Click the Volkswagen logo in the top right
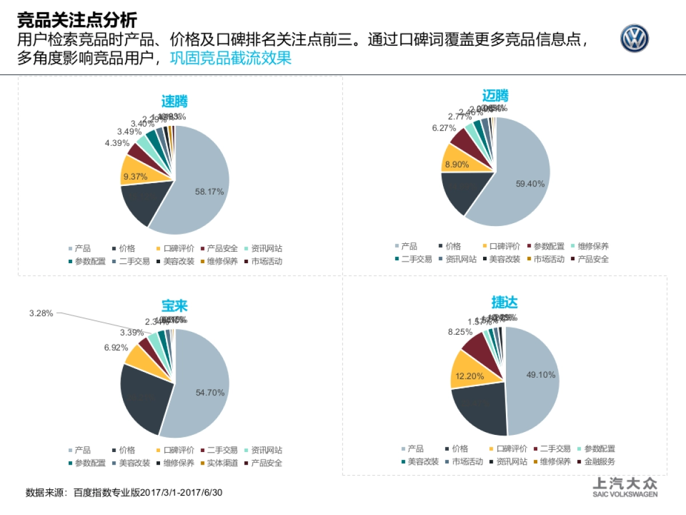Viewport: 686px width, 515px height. pos(635,39)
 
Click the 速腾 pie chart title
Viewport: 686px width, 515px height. pos(174,102)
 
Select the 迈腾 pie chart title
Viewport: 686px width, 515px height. pos(495,96)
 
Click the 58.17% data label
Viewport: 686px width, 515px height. pos(209,192)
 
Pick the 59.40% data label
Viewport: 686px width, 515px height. pos(530,184)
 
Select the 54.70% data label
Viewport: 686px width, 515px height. pos(210,393)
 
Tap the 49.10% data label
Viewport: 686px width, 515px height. pos(540,374)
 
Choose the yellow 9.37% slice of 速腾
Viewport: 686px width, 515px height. pos(137,174)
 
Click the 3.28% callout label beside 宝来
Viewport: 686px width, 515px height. pos(41,313)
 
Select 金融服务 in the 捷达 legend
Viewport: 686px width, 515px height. pos(600,461)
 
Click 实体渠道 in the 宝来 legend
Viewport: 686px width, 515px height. pos(222,463)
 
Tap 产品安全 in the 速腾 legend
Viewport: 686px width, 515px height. pos(222,248)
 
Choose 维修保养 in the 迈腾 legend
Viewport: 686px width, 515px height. pos(593,246)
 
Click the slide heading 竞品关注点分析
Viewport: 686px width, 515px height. pos(77,21)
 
